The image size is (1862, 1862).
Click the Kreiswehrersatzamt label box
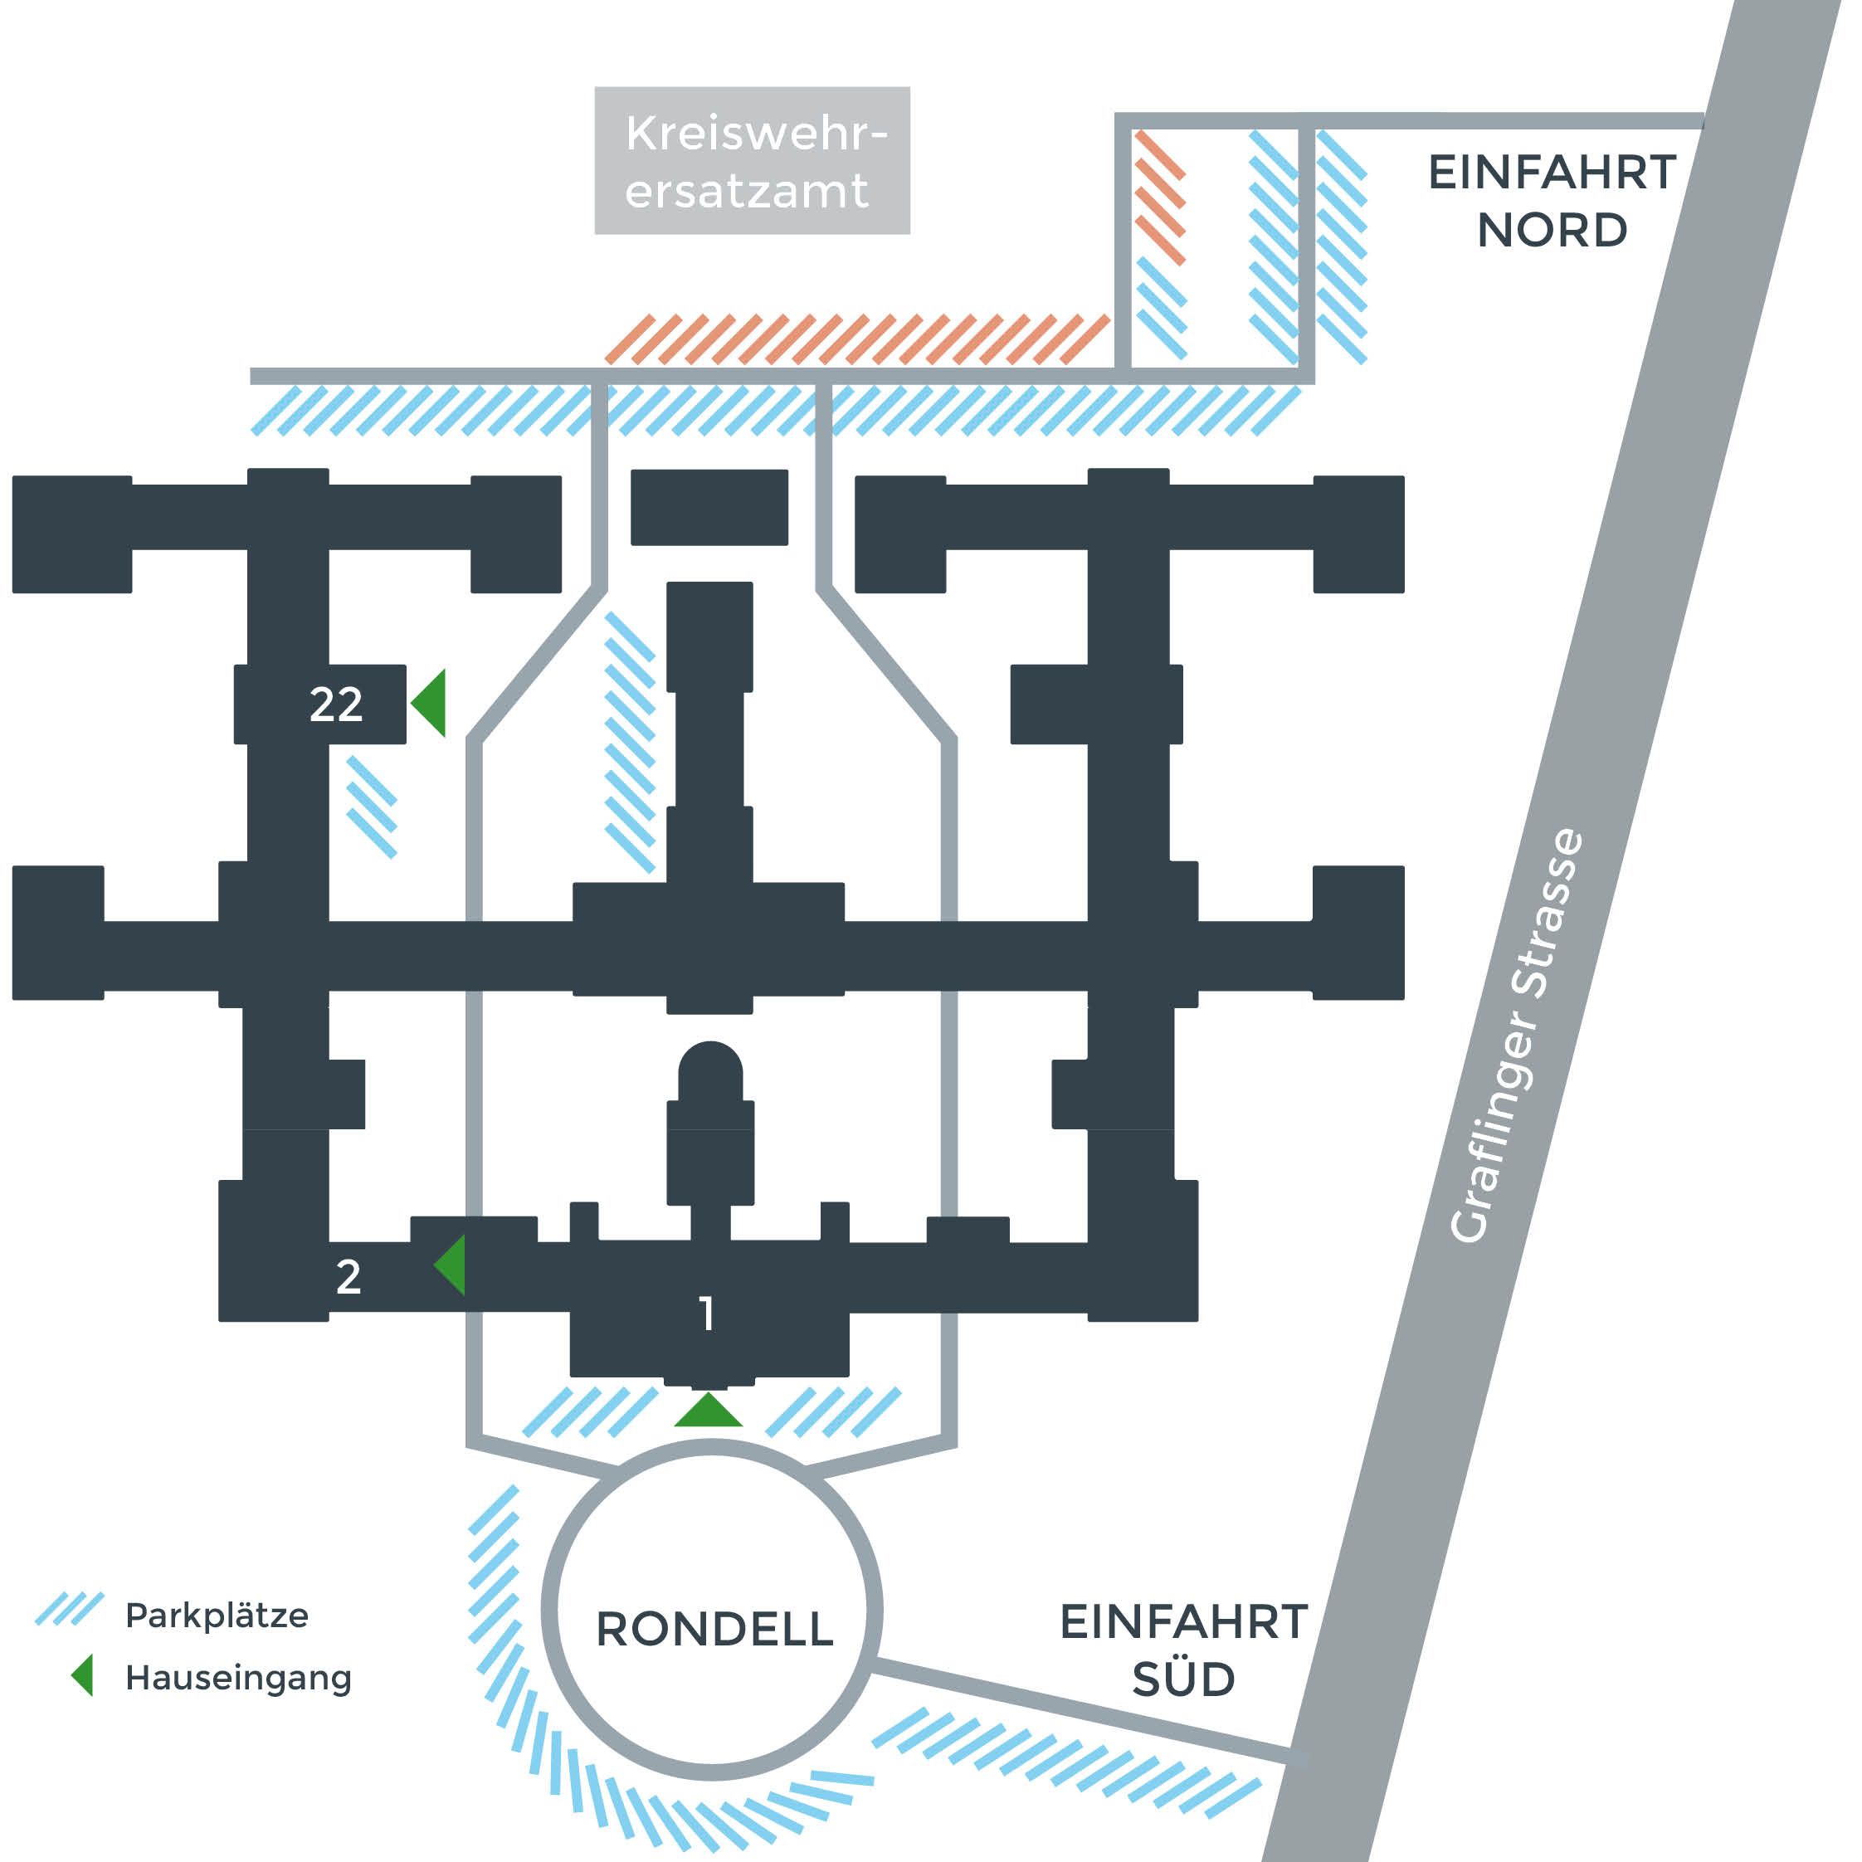pyautogui.click(x=752, y=161)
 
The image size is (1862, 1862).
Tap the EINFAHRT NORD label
pyautogui.click(x=1552, y=202)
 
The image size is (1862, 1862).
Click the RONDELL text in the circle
pyautogui.click(x=714, y=1630)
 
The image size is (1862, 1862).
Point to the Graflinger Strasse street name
pyautogui.click(x=1516, y=1036)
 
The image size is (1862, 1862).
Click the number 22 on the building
pyautogui.click(x=335, y=704)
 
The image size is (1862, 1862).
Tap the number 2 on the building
pyautogui.click(x=348, y=1277)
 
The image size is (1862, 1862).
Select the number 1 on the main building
pyautogui.click(x=708, y=1314)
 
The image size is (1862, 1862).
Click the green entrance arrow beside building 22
pyautogui.click(x=428, y=704)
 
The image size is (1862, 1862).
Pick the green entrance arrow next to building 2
pyautogui.click(x=450, y=1265)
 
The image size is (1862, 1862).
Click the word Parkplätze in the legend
pyautogui.click(x=217, y=1616)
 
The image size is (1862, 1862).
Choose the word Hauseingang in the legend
pyautogui.click(x=238, y=1678)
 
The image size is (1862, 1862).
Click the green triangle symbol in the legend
pyautogui.click(x=82, y=1675)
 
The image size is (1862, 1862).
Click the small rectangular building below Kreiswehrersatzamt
pyautogui.click(x=709, y=507)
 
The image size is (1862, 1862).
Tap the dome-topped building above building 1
pyautogui.click(x=710, y=1124)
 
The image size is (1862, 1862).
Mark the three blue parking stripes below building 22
pyautogui.click(x=372, y=807)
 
